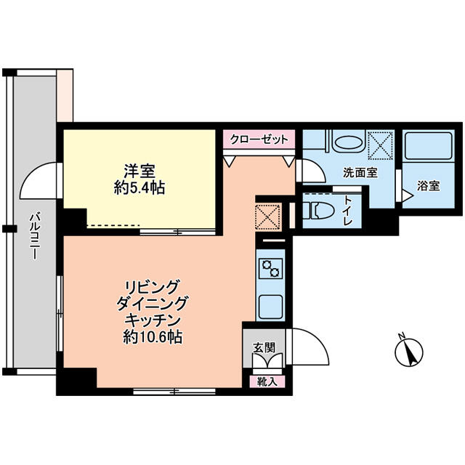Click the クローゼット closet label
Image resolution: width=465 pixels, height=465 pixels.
tap(259, 139)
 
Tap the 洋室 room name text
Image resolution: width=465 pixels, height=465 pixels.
tap(139, 171)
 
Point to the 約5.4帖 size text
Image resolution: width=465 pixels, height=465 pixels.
tap(139, 187)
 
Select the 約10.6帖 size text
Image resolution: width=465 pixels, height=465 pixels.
tap(153, 336)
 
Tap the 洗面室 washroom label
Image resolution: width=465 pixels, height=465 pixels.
tap(360, 173)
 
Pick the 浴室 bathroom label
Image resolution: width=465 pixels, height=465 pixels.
tap(428, 186)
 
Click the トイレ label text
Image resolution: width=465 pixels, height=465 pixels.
tap(348, 211)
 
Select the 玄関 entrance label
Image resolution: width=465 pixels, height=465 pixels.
tap(264, 347)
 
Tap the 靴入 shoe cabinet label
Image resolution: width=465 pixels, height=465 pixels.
tap(267, 382)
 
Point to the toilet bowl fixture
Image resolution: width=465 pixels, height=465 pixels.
tap(318, 211)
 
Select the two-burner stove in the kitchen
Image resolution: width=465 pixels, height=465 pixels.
tap(271, 268)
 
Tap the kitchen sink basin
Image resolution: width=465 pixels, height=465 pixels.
tap(270, 307)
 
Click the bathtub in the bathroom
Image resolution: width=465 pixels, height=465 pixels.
tap(428, 146)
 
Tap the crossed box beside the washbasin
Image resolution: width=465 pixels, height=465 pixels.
tap(380, 146)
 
